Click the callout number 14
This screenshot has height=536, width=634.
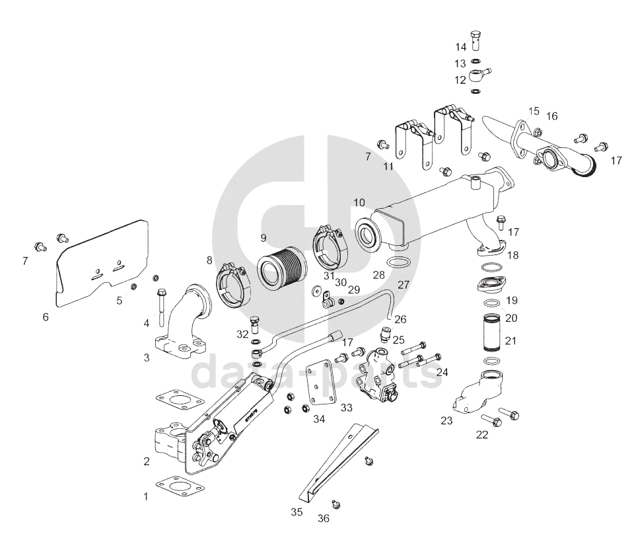pos(460,47)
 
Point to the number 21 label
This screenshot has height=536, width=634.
pos(511,341)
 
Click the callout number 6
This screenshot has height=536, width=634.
pos(46,317)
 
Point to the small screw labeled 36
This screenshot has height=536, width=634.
pos(337,504)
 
